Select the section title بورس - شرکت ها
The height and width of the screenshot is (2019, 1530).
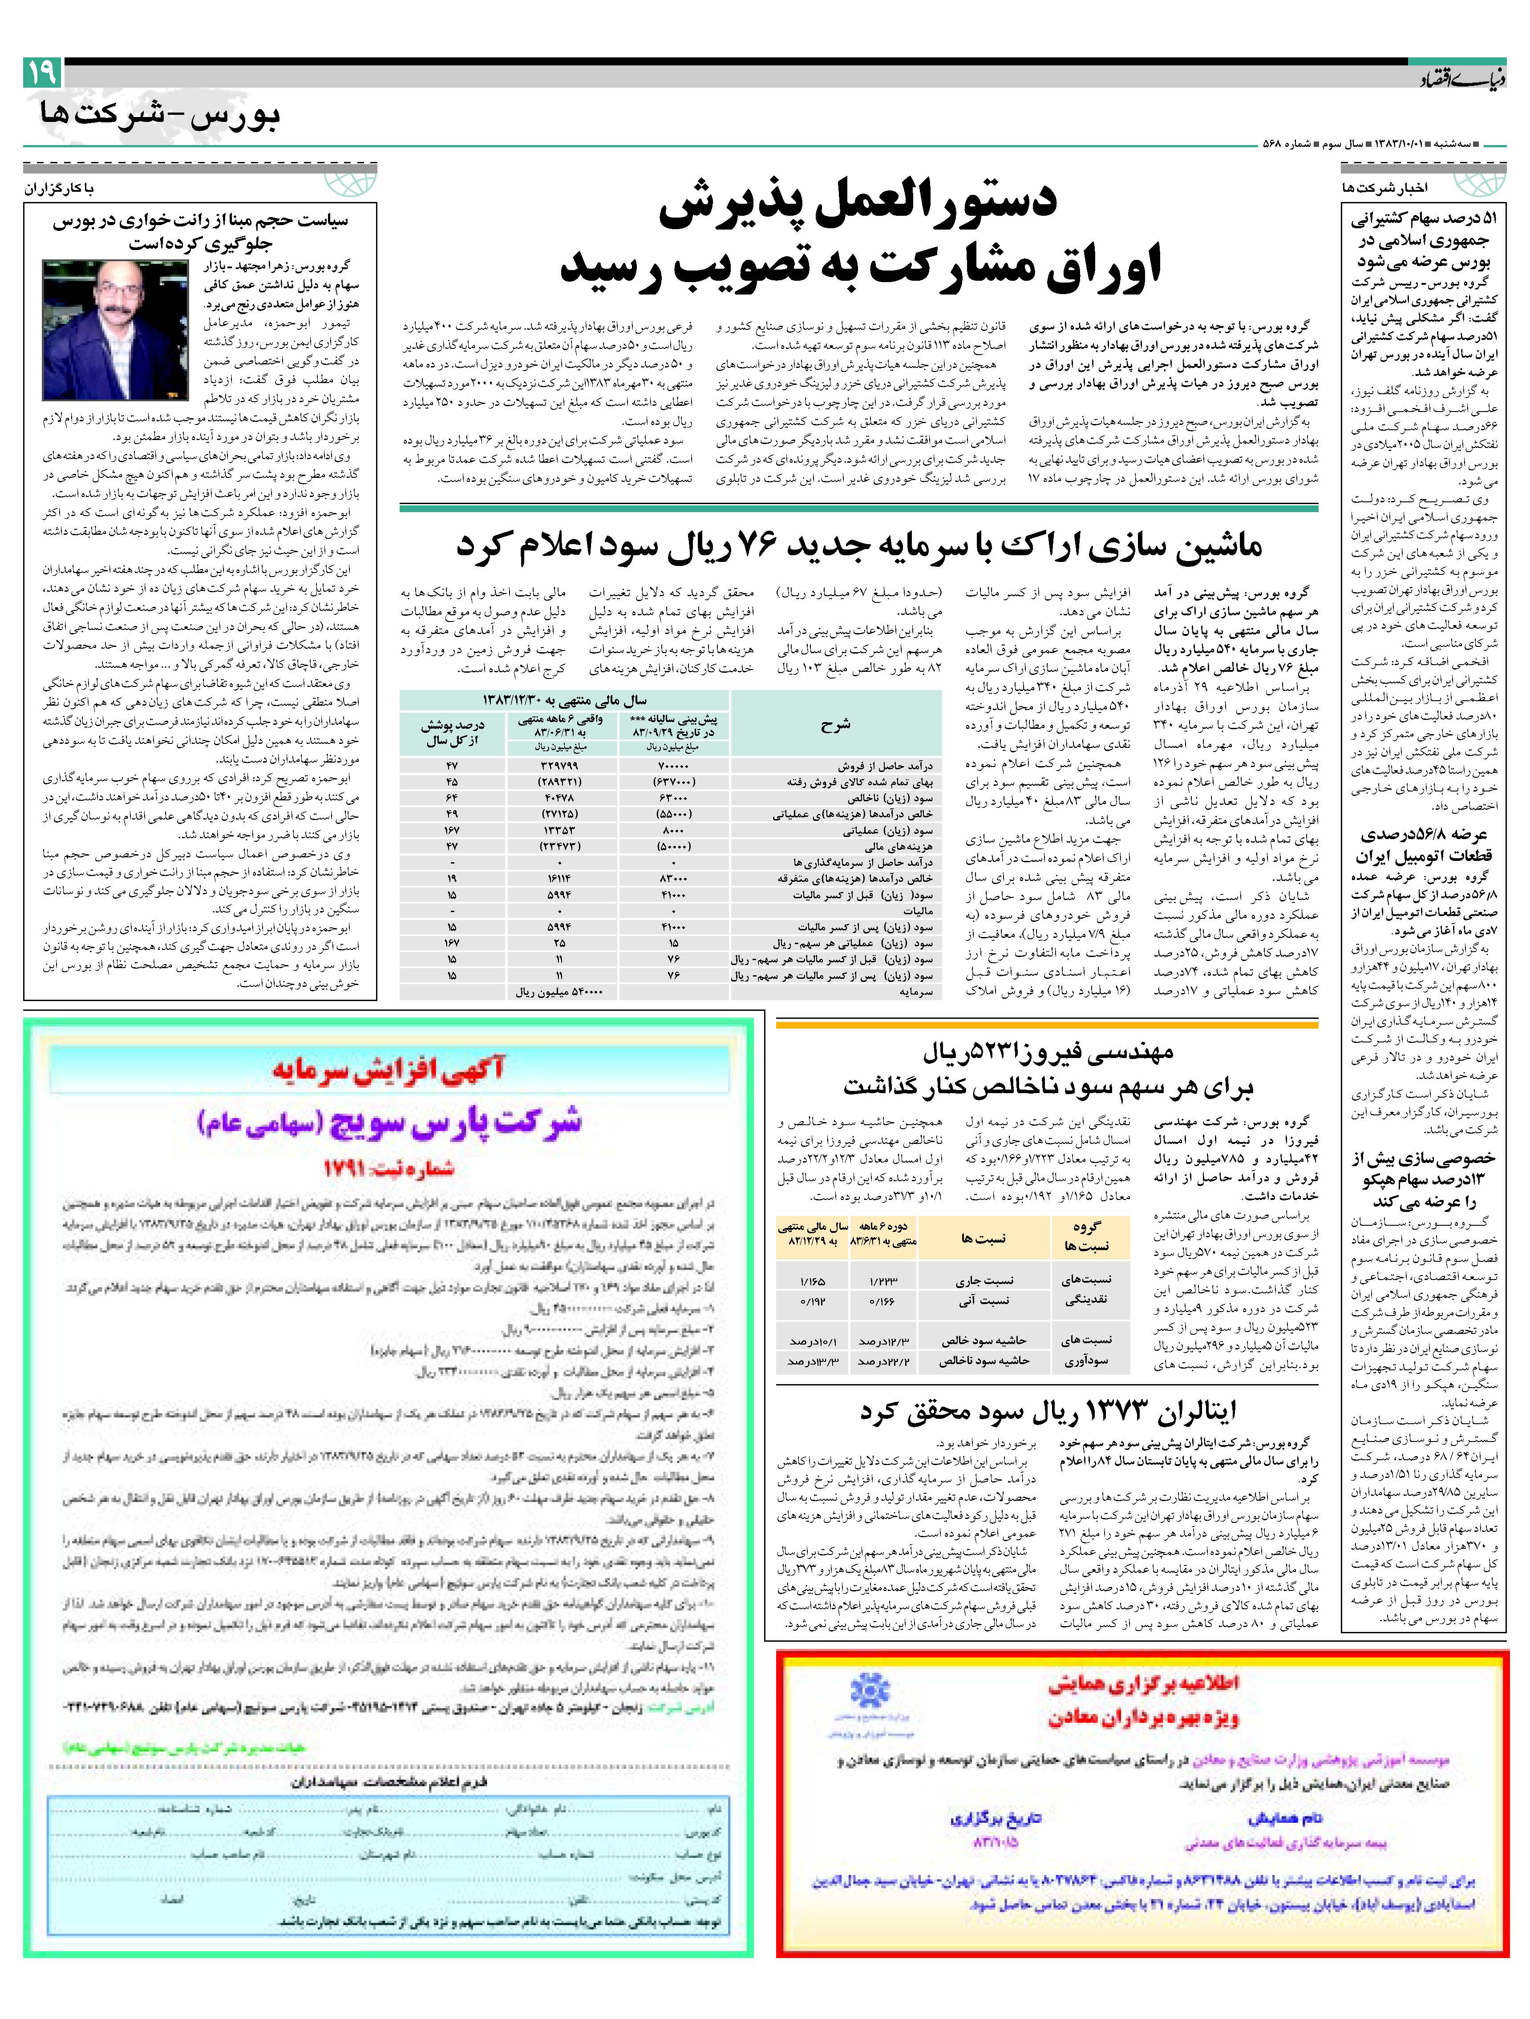click(160, 116)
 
